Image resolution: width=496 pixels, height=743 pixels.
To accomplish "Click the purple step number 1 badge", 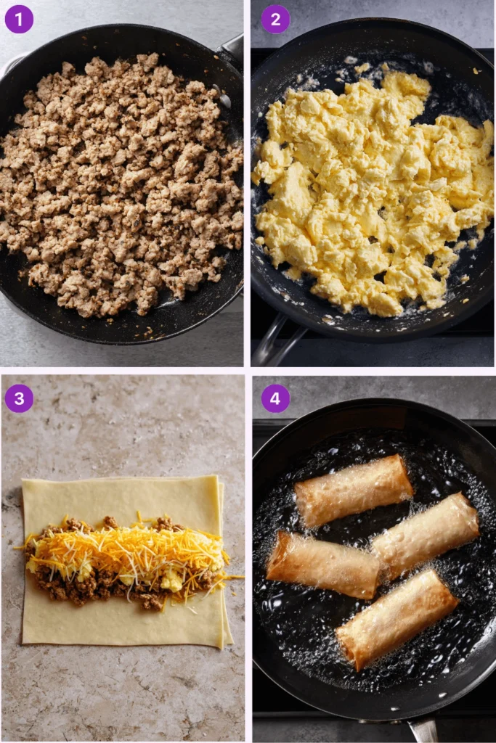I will [19, 19].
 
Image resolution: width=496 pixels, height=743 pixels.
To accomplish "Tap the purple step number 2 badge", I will [275, 19].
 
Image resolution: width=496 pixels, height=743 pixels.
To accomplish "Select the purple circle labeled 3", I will [19, 398].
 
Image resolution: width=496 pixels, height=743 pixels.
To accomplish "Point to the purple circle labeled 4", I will [275, 398].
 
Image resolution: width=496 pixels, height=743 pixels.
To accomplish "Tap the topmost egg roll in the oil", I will [354, 490].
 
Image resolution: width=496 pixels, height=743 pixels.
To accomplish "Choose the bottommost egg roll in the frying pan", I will [397, 618].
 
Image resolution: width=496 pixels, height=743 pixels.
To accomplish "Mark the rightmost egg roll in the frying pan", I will [426, 535].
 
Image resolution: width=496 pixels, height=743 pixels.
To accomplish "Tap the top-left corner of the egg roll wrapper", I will [24, 481].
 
